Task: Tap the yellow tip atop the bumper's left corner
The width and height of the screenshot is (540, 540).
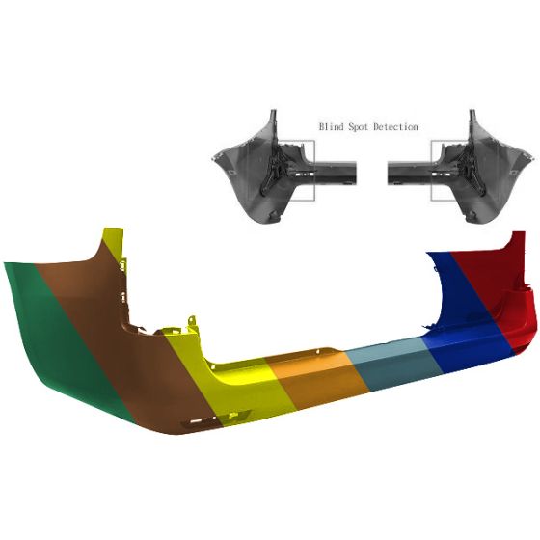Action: [x=115, y=241]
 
